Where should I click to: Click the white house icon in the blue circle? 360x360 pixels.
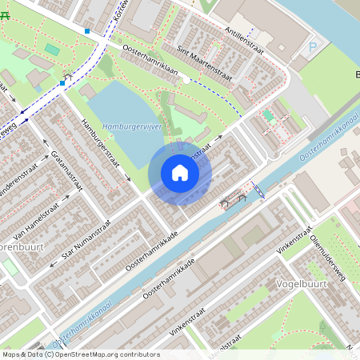click(180, 173)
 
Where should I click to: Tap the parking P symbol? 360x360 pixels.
click(312, 46)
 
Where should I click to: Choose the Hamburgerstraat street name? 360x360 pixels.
click(101, 144)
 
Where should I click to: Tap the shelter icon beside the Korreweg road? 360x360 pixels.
click(67, 75)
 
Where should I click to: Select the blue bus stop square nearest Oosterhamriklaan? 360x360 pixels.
click(87, 31)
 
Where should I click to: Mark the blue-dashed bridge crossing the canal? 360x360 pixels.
click(259, 190)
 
